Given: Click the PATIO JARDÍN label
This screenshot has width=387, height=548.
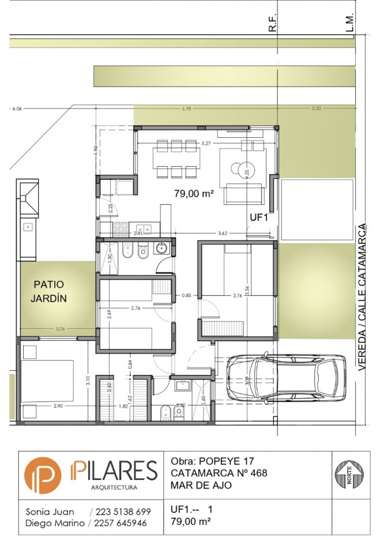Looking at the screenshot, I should [49, 291].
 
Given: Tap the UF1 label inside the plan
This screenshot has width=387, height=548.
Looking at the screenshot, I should [258, 217].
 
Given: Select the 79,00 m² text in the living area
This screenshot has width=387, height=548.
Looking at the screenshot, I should [194, 194].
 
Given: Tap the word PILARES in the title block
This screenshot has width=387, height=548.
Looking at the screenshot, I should [113, 471].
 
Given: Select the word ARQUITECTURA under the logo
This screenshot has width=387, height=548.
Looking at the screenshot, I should [114, 488].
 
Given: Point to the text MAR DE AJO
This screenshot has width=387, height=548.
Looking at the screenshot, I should [201, 485].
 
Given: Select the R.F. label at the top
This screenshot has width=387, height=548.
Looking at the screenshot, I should [273, 23].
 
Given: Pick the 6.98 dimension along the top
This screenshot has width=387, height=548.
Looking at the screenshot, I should [186, 108].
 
